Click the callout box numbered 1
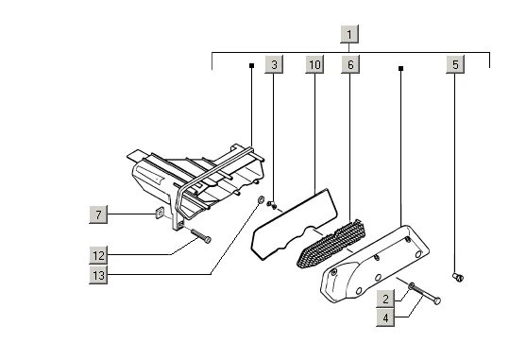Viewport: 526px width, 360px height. click(x=349, y=34)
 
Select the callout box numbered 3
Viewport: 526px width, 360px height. click(x=274, y=63)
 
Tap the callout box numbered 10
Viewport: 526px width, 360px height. click(x=314, y=63)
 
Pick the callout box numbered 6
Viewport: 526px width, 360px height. click(x=350, y=63)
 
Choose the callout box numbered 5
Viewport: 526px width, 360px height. click(x=455, y=63)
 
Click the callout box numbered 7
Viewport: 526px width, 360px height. click(x=98, y=214)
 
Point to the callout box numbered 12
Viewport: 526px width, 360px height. click(x=98, y=255)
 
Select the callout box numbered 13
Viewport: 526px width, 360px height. click(x=98, y=275)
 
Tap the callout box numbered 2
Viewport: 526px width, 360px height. click(x=385, y=299)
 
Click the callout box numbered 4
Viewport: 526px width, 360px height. click(x=385, y=317)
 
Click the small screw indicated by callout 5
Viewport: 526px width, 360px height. click(x=458, y=277)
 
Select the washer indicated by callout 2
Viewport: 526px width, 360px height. click(x=411, y=286)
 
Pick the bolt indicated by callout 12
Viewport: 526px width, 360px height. click(x=201, y=236)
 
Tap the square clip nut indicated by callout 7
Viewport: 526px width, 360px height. click(x=160, y=213)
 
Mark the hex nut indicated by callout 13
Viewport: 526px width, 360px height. click(x=260, y=200)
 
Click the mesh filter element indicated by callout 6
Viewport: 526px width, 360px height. click(x=331, y=243)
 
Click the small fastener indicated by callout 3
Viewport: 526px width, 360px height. click(x=272, y=204)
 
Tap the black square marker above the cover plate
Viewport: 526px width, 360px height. click(x=400, y=68)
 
